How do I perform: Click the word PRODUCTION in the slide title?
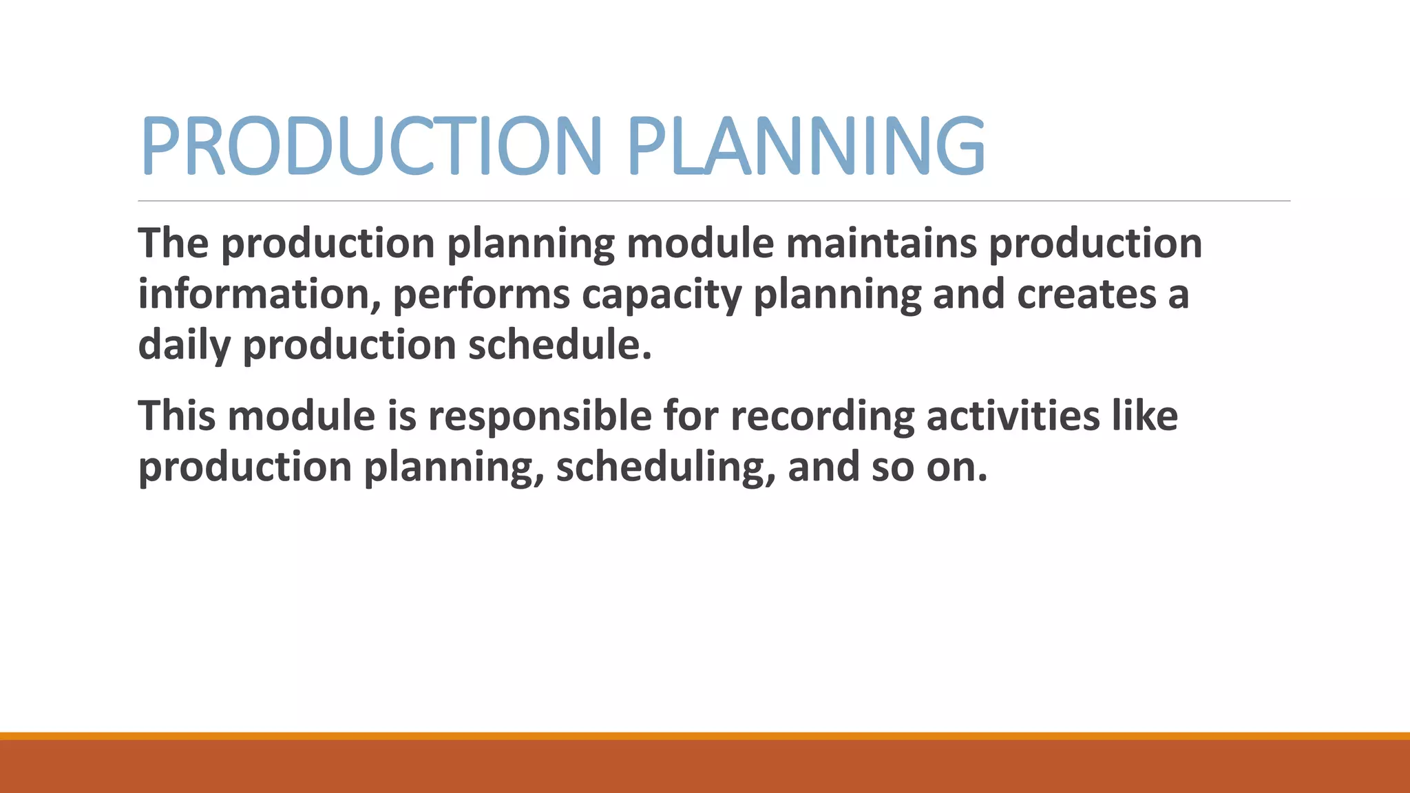coord(371,146)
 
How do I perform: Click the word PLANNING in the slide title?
coord(806,146)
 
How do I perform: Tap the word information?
coord(260,295)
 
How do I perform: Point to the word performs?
coord(481,295)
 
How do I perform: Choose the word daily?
coord(184,345)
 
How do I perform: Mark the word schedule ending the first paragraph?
coord(559,345)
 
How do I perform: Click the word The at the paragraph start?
coord(173,244)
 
